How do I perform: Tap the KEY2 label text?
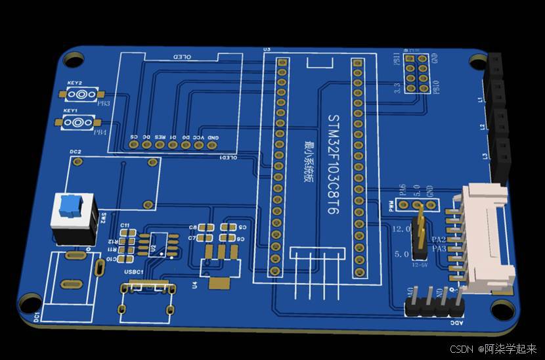tap(74, 83)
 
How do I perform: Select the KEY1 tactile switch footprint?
tap(78, 122)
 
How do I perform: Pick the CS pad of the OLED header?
tap(133, 144)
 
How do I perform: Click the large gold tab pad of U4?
tap(219, 283)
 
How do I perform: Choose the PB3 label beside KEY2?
tap(104, 103)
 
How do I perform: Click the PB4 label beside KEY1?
tap(99, 132)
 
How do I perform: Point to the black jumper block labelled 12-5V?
tap(418, 236)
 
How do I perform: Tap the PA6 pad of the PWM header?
tap(403, 205)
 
